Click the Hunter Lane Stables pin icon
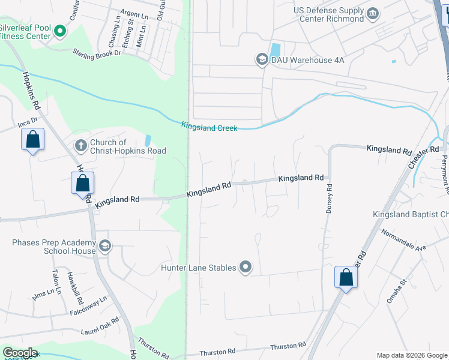click(246, 268)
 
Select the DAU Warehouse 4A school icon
click(262, 59)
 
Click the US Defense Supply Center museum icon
click(373, 13)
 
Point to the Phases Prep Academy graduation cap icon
click(105, 245)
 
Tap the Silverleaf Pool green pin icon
click(59, 30)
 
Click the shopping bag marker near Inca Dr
click(33, 140)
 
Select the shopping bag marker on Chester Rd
click(346, 277)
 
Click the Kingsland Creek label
click(209, 127)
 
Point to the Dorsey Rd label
click(329, 199)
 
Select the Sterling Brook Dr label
click(97, 53)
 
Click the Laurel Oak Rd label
click(100, 325)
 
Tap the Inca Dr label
click(28, 122)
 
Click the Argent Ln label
click(134, 13)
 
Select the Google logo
click(20, 353)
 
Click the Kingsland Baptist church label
click(411, 214)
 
